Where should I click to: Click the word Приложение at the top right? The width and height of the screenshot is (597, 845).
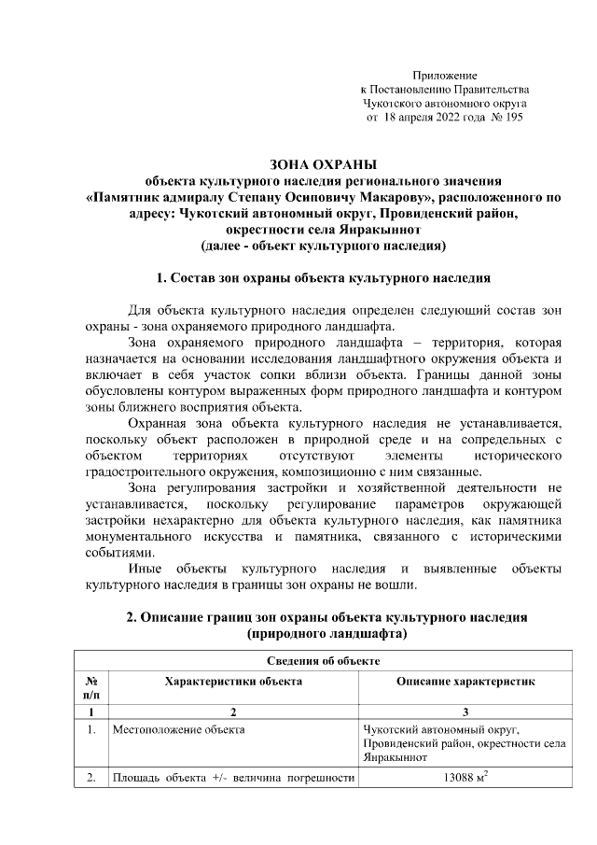445,74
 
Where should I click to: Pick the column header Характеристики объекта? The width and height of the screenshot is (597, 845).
233,683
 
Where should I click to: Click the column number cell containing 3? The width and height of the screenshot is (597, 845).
465,712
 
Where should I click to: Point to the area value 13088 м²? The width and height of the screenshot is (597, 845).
465,779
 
